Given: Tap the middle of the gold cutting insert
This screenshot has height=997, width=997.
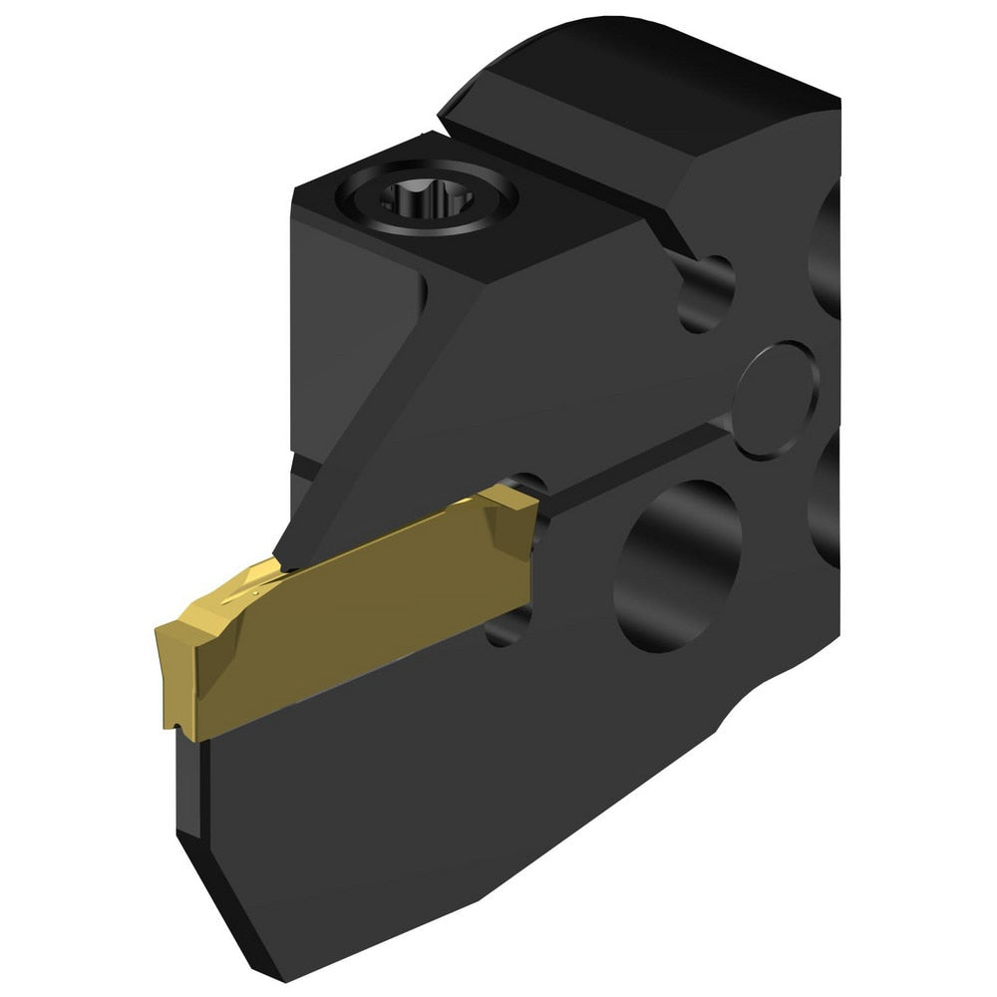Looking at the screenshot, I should (349, 608).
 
